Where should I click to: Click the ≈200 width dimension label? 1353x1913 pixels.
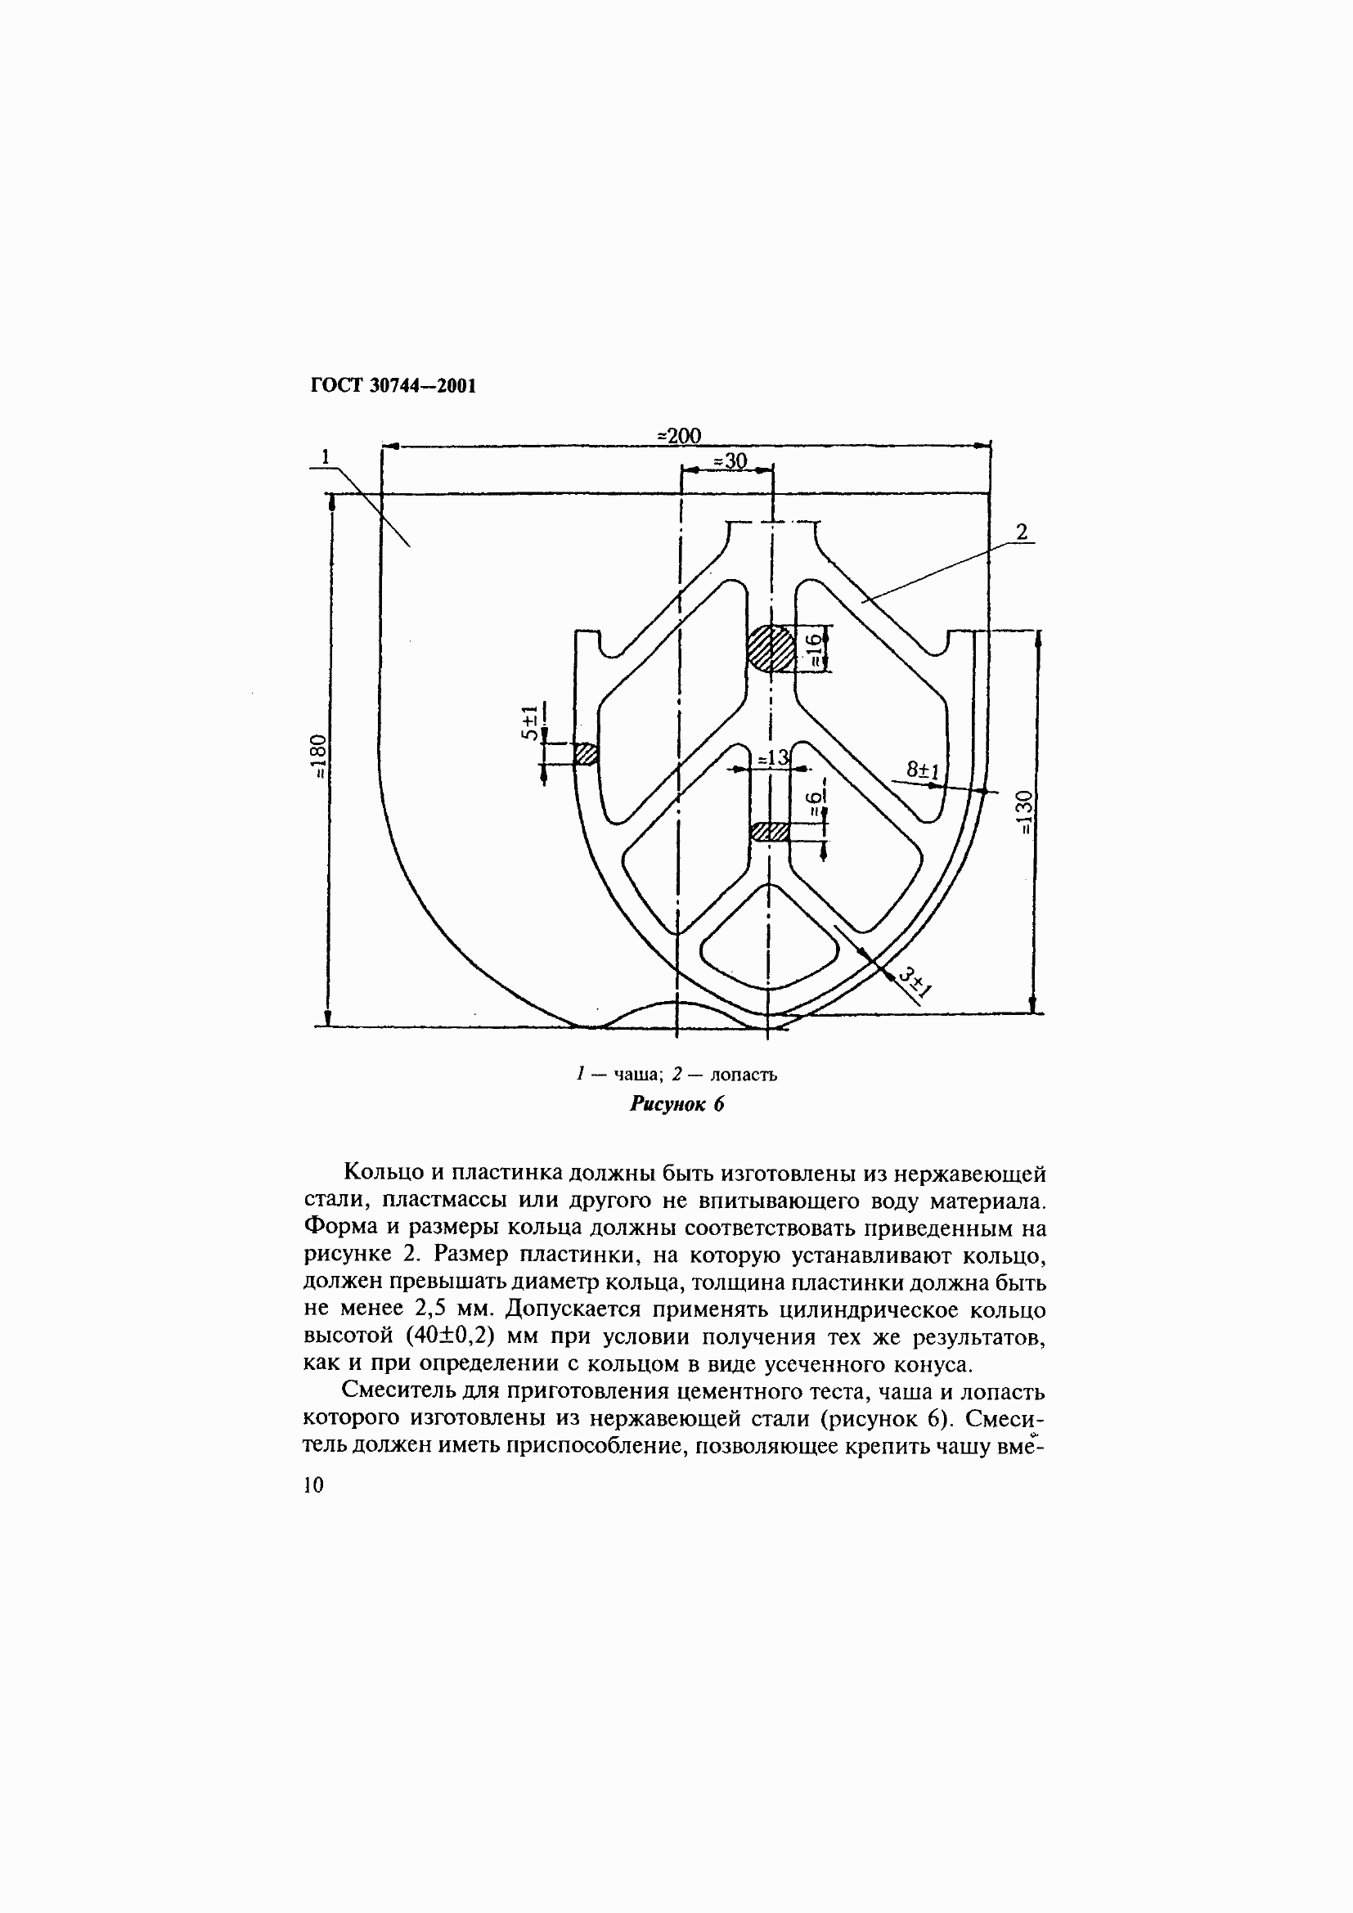pyautogui.click(x=679, y=436)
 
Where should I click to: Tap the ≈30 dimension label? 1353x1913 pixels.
pyautogui.click(x=729, y=460)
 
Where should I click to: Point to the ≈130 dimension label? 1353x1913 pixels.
pyautogui.click(x=1026, y=812)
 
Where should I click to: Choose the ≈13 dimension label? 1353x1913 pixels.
pyautogui.click(x=772, y=758)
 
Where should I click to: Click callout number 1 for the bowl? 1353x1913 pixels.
pyautogui.click(x=326, y=456)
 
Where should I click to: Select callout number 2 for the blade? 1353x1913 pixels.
pyautogui.click(x=1023, y=532)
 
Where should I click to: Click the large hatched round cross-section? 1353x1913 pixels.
pyautogui.click(x=770, y=649)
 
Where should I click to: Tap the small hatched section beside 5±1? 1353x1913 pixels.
pyautogui.click(x=587, y=754)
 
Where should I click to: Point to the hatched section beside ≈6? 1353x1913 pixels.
pyautogui.click(x=770, y=832)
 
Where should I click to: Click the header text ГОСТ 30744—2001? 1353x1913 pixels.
pyautogui.click(x=393, y=386)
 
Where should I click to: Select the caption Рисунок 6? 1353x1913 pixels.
pyautogui.click(x=676, y=1104)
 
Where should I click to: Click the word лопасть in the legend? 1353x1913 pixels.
pyautogui.click(x=744, y=1075)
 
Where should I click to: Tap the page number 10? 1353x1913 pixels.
pyautogui.click(x=313, y=1484)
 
